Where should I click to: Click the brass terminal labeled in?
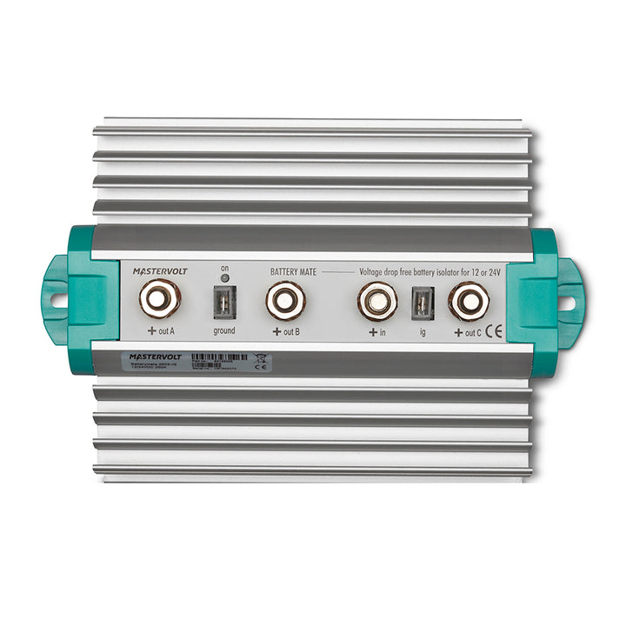pyautogui.click(x=376, y=302)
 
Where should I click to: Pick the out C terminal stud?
pyautogui.click(x=468, y=302)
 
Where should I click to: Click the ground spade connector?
pyautogui.click(x=223, y=302)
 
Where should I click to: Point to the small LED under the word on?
pyautogui.click(x=223, y=278)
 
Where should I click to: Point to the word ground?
pyautogui.click(x=223, y=331)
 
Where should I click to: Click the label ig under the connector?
pyautogui.click(x=422, y=331)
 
